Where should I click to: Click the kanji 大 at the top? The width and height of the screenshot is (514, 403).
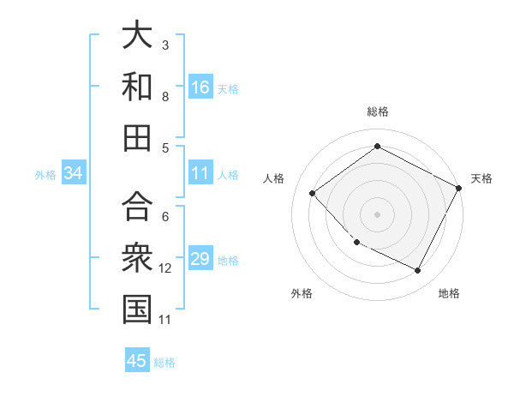pos(137,36)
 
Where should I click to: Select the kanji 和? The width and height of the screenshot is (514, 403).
pos(137,87)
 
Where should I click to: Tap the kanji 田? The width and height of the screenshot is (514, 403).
pos(137,136)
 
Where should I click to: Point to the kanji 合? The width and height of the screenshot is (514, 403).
pos(137,206)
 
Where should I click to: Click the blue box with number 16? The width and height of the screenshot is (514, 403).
pos(200,87)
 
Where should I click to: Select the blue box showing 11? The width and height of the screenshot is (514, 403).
pos(200,174)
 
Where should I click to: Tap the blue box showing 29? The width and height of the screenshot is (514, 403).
pos(200,260)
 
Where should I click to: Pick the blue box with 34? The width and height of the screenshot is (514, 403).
pos(74,174)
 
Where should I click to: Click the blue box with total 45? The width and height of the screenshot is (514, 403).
pos(137,361)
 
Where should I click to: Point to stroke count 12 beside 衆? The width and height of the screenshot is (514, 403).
pos(165,268)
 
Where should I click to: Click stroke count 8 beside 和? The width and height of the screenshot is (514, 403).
pos(165,97)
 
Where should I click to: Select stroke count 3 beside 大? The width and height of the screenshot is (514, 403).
pos(165,45)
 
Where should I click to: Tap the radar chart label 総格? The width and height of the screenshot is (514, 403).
pos(377,112)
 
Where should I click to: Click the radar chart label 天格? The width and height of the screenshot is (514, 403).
pos(481,178)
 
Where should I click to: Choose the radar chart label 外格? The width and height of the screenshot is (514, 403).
pos(302,293)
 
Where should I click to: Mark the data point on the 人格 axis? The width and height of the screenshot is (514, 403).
pos(313,193)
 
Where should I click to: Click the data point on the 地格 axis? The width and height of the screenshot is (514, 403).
pos(418,271)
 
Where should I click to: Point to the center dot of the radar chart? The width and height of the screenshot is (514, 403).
pos(377,214)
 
